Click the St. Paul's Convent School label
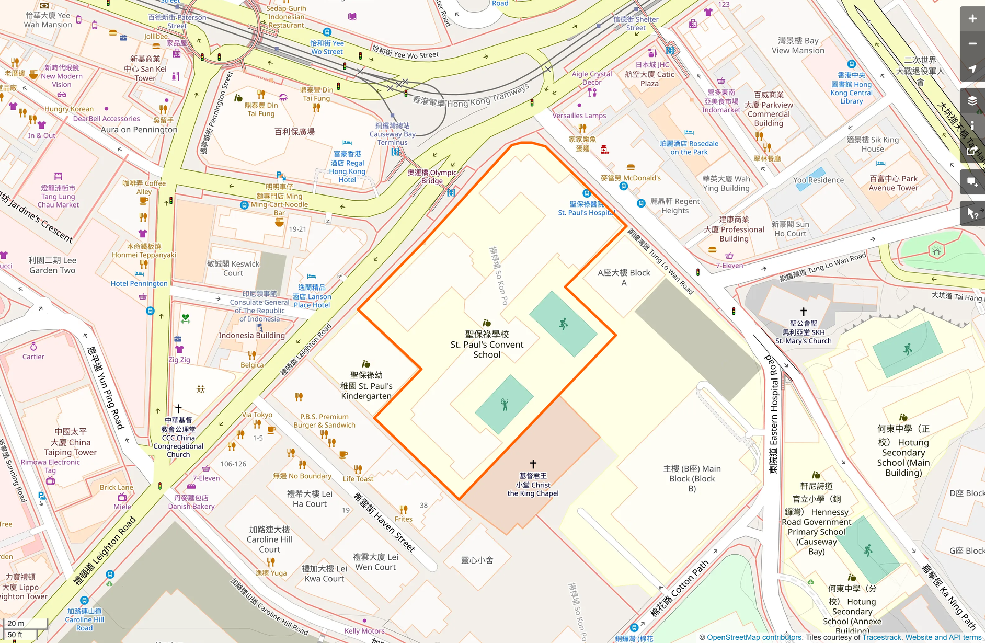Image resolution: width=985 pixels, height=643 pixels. pyautogui.click(x=487, y=345)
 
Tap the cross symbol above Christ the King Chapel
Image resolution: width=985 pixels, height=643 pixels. pyautogui.click(x=533, y=464)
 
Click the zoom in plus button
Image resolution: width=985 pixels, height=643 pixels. pyautogui.click(x=972, y=19)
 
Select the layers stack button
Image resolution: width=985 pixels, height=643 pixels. pyautogui.click(x=972, y=101)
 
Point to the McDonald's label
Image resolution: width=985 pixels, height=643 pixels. pyautogui.click(x=631, y=178)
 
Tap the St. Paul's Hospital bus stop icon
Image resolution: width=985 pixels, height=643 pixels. pyautogui.click(x=587, y=193)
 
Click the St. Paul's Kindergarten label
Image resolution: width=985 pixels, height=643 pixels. pyautogui.click(x=366, y=386)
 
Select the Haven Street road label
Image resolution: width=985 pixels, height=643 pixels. pyautogui.click(x=384, y=522)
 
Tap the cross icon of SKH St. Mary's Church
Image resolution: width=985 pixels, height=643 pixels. pyautogui.click(x=804, y=312)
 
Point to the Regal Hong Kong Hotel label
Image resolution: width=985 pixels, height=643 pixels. pyautogui.click(x=348, y=167)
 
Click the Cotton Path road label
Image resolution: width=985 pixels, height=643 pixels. pyautogui.click(x=679, y=589)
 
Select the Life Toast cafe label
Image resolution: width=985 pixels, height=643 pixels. pyautogui.click(x=358, y=479)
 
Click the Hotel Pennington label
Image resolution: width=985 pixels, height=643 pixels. pyautogui.click(x=139, y=283)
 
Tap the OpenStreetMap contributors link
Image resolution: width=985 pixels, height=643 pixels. pyautogui.click(x=754, y=637)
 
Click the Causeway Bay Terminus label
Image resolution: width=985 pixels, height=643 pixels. pyautogui.click(x=392, y=134)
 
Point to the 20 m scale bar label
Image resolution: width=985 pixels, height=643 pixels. pyautogui.click(x=16, y=623)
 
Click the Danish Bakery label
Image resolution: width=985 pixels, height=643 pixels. pyautogui.click(x=191, y=502)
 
